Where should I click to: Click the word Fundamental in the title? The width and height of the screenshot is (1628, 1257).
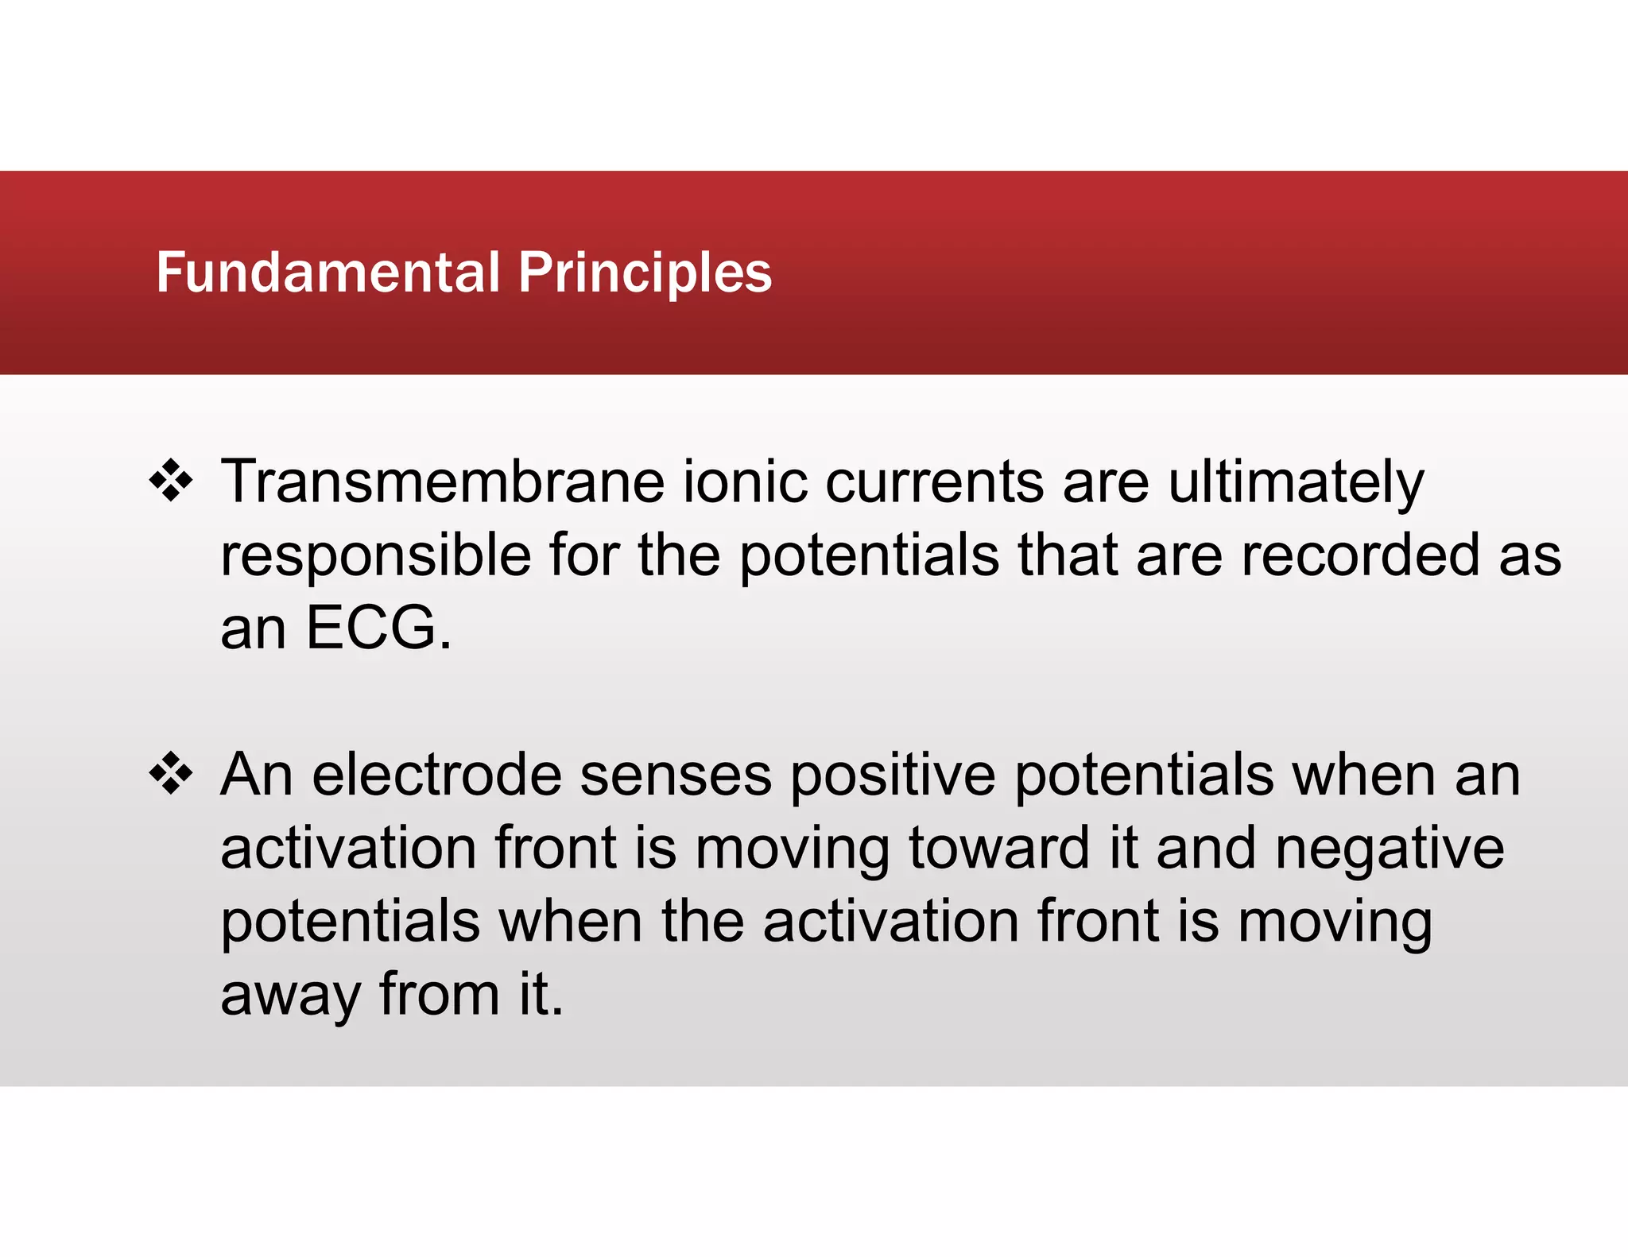click(x=328, y=273)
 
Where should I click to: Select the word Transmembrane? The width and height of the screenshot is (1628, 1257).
click(x=442, y=482)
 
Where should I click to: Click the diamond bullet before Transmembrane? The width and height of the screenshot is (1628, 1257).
click(x=171, y=481)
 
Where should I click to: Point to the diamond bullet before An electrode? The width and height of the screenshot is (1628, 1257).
click(x=171, y=773)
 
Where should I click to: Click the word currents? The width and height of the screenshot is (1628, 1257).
click(x=935, y=482)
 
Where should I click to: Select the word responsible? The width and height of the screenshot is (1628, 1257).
click(x=375, y=555)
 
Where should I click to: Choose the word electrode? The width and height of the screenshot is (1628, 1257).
click(x=436, y=775)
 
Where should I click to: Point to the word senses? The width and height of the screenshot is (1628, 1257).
click(x=676, y=775)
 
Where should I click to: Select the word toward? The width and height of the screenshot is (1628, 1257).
click(x=998, y=848)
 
